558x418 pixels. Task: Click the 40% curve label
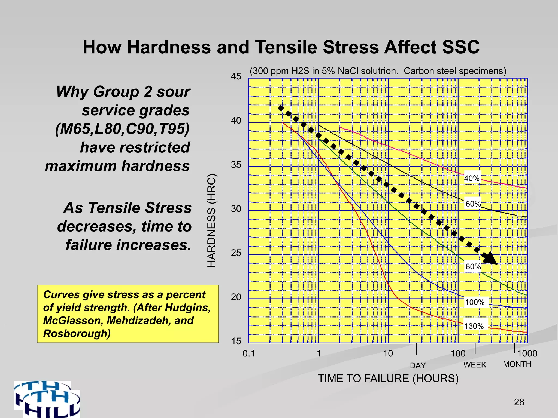pos(472,178)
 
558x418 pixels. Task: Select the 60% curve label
pos(473,204)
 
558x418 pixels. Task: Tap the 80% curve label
pos(473,266)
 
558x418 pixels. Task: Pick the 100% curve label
pos(475,302)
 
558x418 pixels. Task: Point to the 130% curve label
pos(474,326)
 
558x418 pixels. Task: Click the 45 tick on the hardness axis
pos(236,76)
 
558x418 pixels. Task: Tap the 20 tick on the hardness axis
pos(236,297)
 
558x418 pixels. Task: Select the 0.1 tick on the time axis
pos(248,354)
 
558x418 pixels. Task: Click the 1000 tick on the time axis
pos(527,354)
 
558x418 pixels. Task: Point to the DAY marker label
pos(418,365)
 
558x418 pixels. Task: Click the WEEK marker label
pos(475,365)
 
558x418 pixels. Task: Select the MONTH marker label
pos(517,364)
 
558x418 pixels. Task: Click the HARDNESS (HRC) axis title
pos(212,220)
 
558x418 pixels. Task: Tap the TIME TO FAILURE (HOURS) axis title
pos(388,379)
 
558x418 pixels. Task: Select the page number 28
pos(519,402)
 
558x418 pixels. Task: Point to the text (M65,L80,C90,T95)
pos(122,129)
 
